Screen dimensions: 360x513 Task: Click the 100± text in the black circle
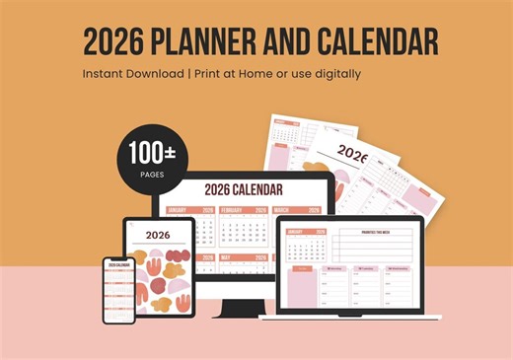[145, 154]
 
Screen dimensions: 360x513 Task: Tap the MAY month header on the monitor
[227, 258]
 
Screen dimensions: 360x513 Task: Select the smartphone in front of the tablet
[118, 290]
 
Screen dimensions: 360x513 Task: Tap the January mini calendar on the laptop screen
[308, 248]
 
